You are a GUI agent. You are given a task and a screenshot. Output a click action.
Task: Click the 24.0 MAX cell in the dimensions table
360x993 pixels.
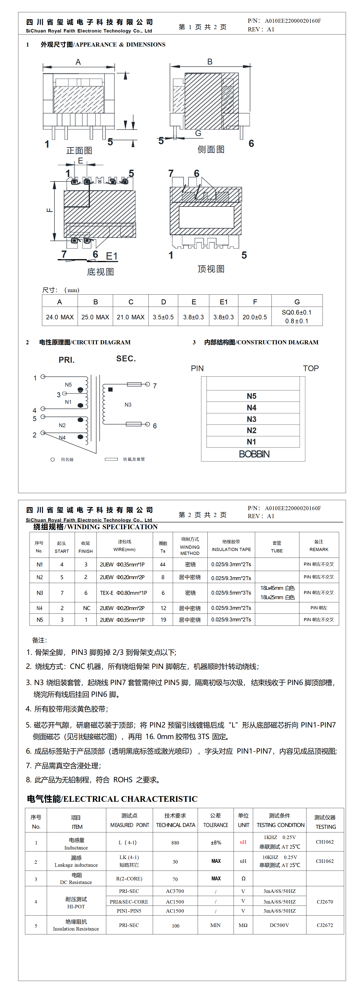[60, 317]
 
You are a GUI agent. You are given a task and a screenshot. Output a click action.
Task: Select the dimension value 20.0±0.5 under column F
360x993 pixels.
[254, 317]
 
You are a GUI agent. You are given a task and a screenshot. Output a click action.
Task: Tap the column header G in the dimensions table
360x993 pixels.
[297, 302]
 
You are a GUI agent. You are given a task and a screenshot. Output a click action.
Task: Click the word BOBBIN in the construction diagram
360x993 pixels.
[254, 454]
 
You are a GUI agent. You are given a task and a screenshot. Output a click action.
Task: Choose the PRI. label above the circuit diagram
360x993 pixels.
[67, 360]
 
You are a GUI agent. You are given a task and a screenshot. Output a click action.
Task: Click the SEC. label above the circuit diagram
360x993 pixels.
[126, 358]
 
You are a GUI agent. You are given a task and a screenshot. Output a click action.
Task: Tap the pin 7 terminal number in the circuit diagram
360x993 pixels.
[155, 386]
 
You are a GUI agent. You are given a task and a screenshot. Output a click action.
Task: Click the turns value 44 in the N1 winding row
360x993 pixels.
[163, 564]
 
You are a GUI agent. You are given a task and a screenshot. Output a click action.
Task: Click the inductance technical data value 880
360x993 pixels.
[175, 843]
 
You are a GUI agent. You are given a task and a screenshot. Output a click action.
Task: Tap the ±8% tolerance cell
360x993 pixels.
[216, 843]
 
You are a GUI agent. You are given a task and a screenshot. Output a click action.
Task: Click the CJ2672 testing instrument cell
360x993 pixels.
[325, 925]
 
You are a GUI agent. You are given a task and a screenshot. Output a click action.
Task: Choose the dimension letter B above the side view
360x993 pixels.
[210, 62]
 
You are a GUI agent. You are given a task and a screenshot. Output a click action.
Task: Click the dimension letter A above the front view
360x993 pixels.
[78, 62]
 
